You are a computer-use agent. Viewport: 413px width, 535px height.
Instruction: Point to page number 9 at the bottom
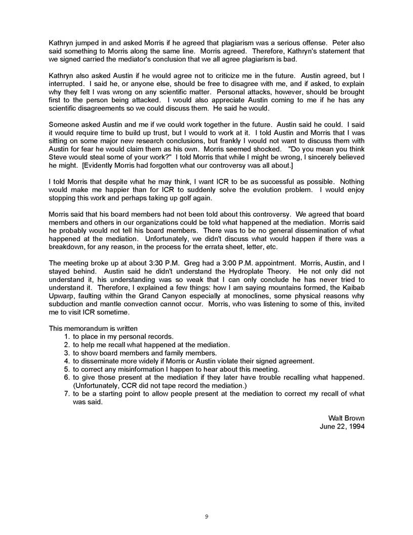[x=206, y=516]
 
